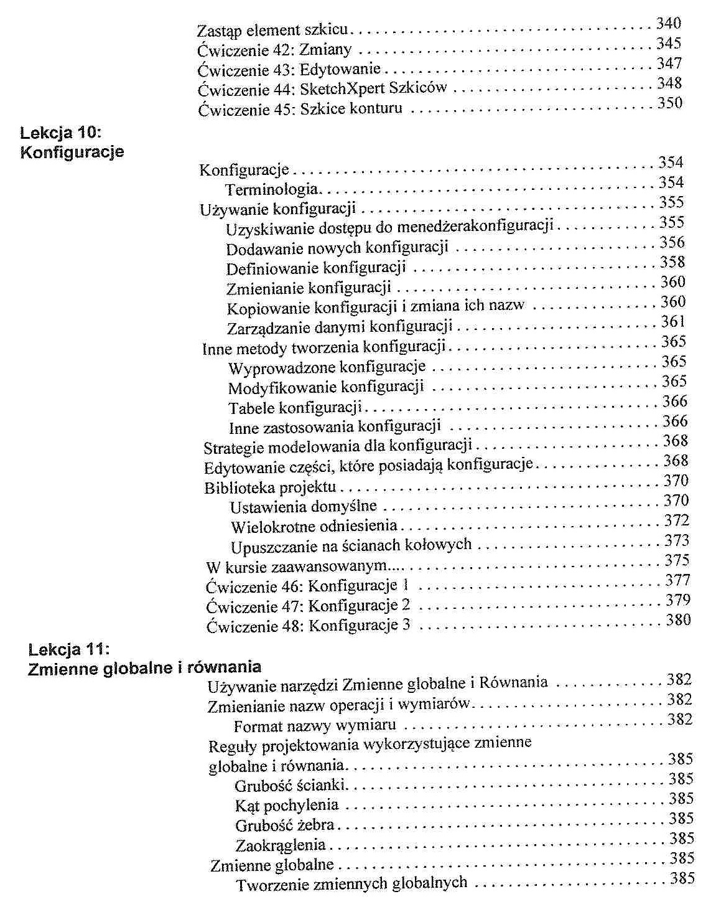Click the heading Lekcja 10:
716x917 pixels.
tap(60, 133)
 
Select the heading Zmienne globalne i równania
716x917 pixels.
tap(144, 667)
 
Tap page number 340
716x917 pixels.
tap(668, 24)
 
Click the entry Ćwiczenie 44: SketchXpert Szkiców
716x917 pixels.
tap(322, 88)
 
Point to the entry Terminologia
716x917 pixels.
tap(271, 189)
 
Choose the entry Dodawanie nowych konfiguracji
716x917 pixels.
tap(337, 248)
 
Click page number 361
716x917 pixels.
tap(672, 322)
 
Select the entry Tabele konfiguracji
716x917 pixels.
tap(295, 408)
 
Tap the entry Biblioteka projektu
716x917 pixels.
tap(270, 487)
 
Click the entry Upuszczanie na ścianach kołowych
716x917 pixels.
tap(351, 546)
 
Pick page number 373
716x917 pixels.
tap(677, 540)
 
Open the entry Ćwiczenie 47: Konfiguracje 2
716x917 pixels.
tap(308, 606)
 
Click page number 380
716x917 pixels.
tap(678, 620)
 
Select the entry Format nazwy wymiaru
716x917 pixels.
tap(315, 726)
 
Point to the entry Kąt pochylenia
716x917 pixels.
tap(287, 806)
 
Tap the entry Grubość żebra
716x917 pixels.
tap(284, 825)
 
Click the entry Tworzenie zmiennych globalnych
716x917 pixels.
tap(351, 883)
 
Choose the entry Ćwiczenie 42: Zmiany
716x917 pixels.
tap(274, 49)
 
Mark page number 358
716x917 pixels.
tap(672, 262)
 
